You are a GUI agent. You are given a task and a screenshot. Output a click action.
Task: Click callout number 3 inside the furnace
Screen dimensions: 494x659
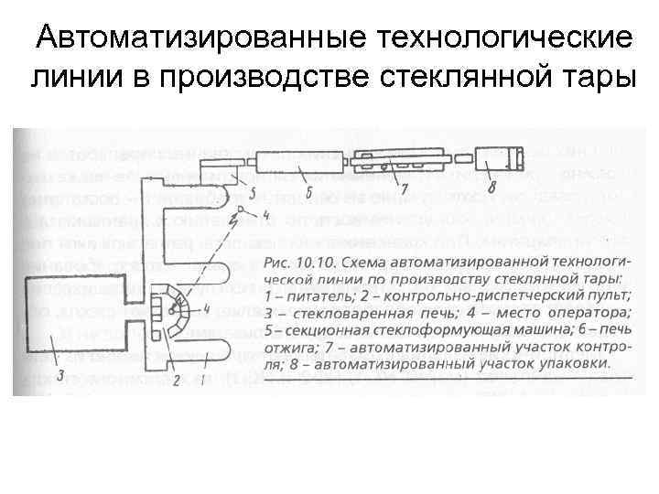pos(60,374)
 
